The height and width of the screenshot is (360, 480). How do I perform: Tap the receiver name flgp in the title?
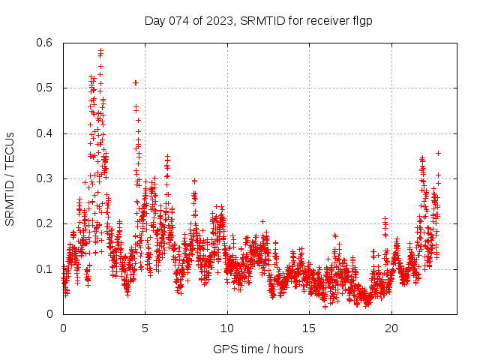361,21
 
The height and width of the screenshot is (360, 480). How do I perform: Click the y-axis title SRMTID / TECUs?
10,178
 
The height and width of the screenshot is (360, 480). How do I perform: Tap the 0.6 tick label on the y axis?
46,43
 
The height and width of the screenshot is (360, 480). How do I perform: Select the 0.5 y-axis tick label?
46,88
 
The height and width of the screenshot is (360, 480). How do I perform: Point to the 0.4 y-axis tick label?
46,133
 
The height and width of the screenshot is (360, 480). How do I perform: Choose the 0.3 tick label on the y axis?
46,178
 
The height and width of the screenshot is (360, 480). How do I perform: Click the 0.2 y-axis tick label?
46,223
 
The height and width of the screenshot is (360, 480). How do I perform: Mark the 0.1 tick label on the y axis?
46,268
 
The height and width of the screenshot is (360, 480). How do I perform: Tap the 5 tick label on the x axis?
145,328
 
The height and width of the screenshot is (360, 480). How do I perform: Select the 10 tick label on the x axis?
227,328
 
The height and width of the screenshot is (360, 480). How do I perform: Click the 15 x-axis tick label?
309,328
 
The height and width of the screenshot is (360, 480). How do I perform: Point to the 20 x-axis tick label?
391,328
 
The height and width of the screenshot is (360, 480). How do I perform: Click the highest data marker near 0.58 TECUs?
100,50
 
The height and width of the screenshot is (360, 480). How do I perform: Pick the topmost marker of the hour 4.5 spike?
136,82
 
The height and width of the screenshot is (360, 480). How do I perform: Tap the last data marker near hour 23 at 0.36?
438,153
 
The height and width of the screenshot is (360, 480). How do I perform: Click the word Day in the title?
154,21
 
